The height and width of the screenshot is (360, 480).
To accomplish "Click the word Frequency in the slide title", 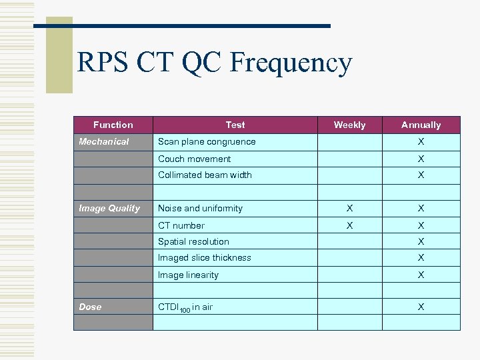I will pyautogui.click(x=290, y=64).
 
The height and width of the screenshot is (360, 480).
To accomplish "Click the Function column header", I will pyautogui.click(x=113, y=125).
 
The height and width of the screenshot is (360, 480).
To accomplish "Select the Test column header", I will pyautogui.click(x=235, y=125).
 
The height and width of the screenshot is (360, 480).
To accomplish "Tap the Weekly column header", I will pyautogui.click(x=349, y=125).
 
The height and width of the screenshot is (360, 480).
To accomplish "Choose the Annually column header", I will pyautogui.click(x=421, y=125).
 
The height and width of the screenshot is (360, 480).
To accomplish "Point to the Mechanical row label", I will pyautogui.click(x=104, y=141).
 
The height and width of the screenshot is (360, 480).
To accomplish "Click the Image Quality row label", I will pyautogui.click(x=109, y=208).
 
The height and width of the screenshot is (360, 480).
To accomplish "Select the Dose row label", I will pyautogui.click(x=90, y=307).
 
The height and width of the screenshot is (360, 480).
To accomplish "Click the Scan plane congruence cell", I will pyautogui.click(x=207, y=141).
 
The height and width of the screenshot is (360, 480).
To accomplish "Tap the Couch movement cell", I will pyautogui.click(x=194, y=159).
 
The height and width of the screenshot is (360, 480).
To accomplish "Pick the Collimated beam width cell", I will pyautogui.click(x=205, y=175).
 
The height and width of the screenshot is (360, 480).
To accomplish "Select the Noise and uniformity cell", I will pyautogui.click(x=200, y=208).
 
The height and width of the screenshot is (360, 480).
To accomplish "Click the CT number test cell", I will pyautogui.click(x=181, y=225).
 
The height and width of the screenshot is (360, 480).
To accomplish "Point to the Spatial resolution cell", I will pyautogui.click(x=193, y=241).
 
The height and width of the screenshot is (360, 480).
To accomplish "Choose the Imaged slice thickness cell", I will pyautogui.click(x=205, y=257).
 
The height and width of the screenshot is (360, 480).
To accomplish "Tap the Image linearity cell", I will pyautogui.click(x=188, y=275).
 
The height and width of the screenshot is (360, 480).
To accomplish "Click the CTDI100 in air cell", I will pyautogui.click(x=185, y=307).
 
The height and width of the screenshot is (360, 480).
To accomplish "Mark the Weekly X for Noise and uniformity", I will pyautogui.click(x=349, y=208).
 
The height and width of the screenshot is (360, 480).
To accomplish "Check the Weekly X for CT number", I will pyautogui.click(x=349, y=225).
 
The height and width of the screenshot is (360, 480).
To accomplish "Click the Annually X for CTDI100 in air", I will pyautogui.click(x=421, y=307).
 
